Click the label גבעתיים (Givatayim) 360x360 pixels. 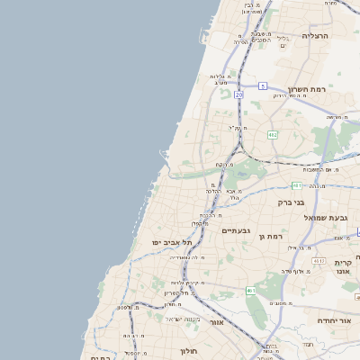click(236, 230)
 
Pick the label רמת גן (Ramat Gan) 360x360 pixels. click(270, 236)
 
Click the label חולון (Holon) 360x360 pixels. click(188, 350)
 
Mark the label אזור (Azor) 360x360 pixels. click(215, 321)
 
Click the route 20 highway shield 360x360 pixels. click(238, 94)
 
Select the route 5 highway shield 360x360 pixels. click(263, 85)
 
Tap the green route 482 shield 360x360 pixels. click(273, 135)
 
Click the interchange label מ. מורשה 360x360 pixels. click(335, 117)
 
